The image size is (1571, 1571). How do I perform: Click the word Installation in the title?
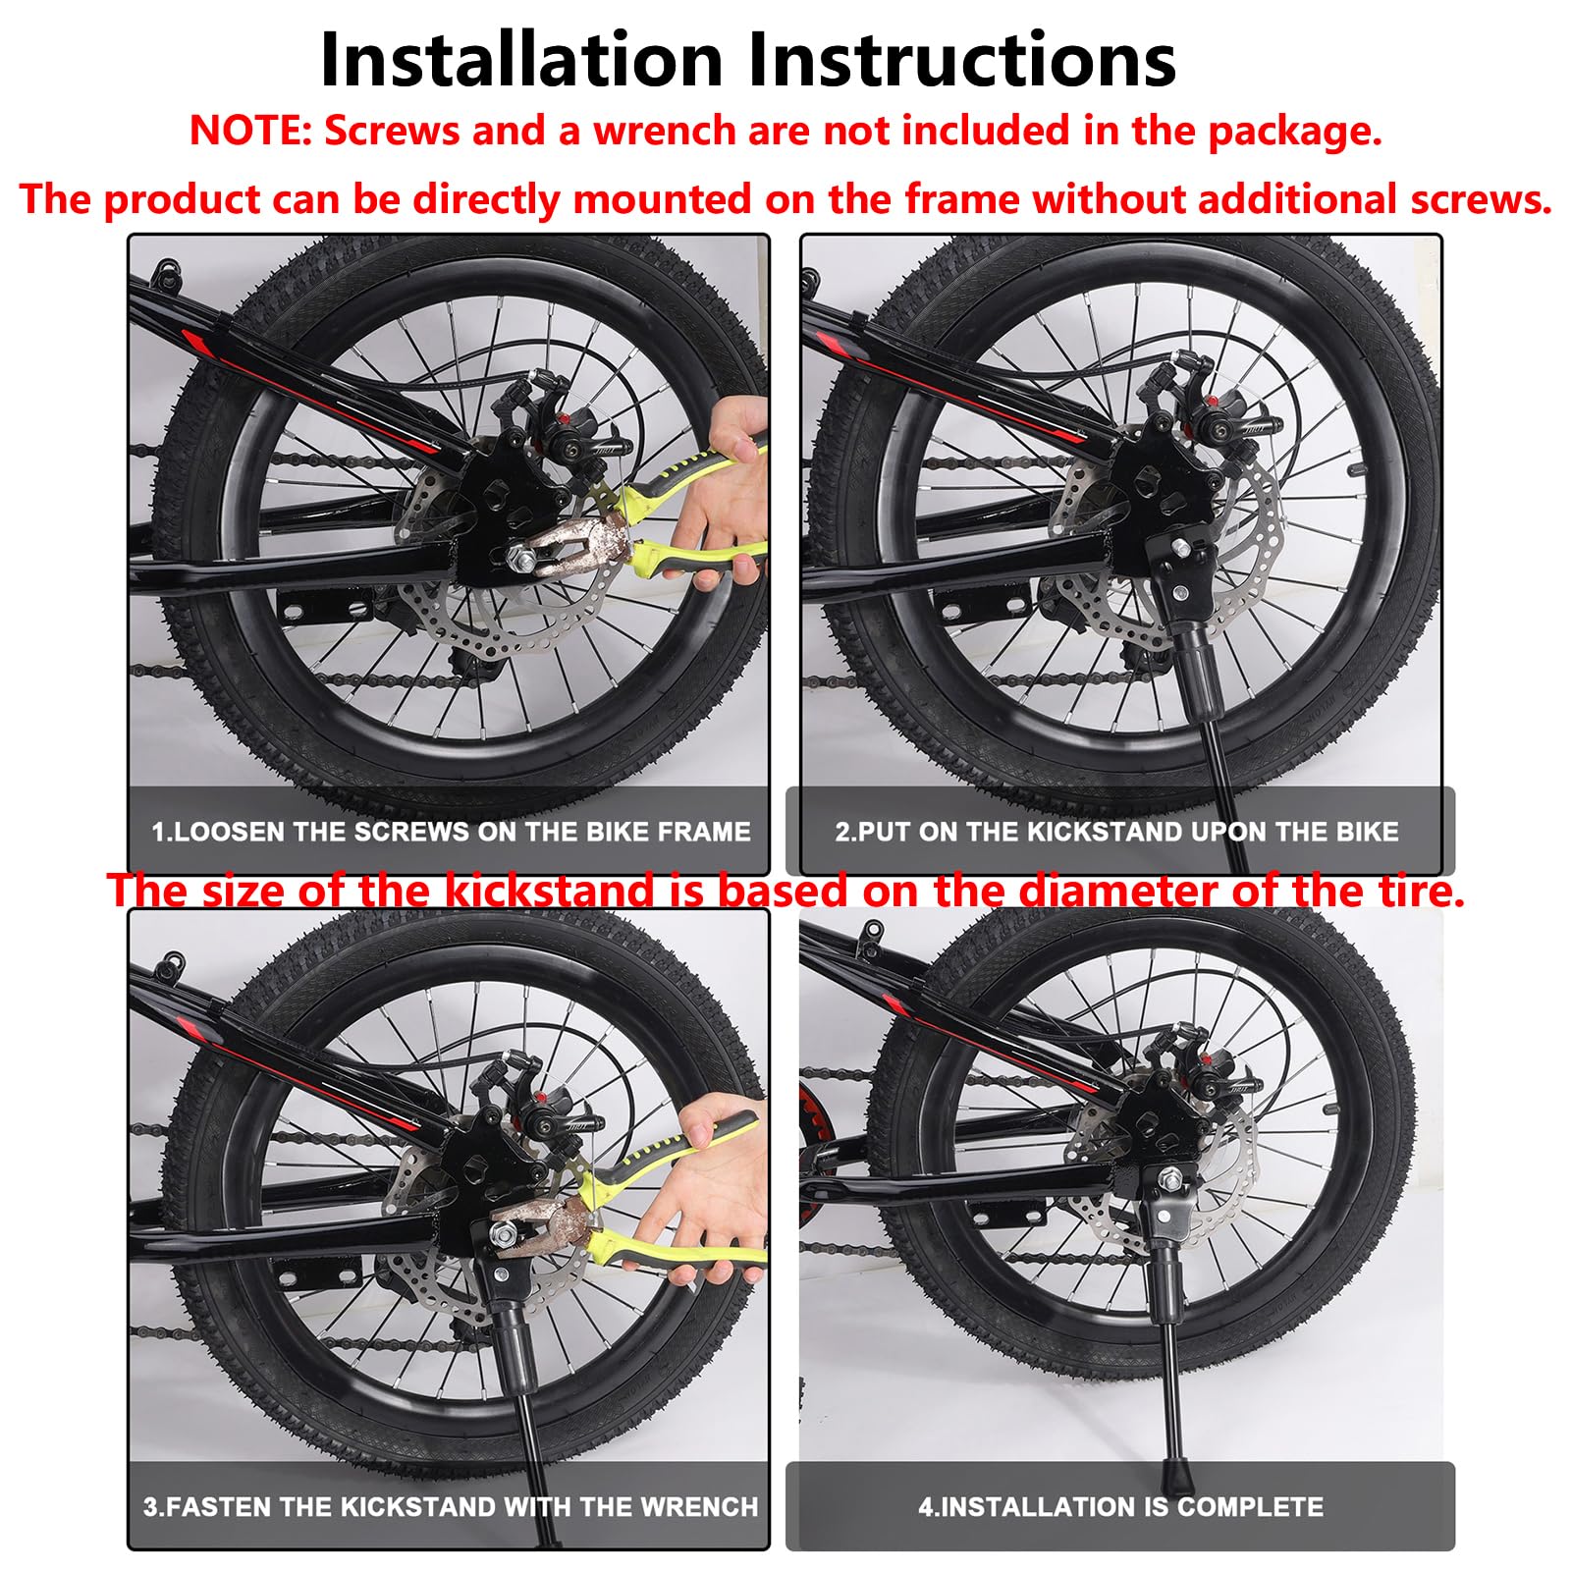tap(521, 60)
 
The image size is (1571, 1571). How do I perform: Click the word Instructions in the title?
tap(962, 60)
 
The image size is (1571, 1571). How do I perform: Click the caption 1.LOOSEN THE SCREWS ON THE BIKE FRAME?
tap(451, 832)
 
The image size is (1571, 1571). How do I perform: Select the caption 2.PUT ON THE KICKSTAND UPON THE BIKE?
tap(1116, 832)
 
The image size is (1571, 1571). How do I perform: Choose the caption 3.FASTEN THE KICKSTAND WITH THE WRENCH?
tap(451, 1506)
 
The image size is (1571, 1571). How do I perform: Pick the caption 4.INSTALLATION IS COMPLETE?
tap(1120, 1506)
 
